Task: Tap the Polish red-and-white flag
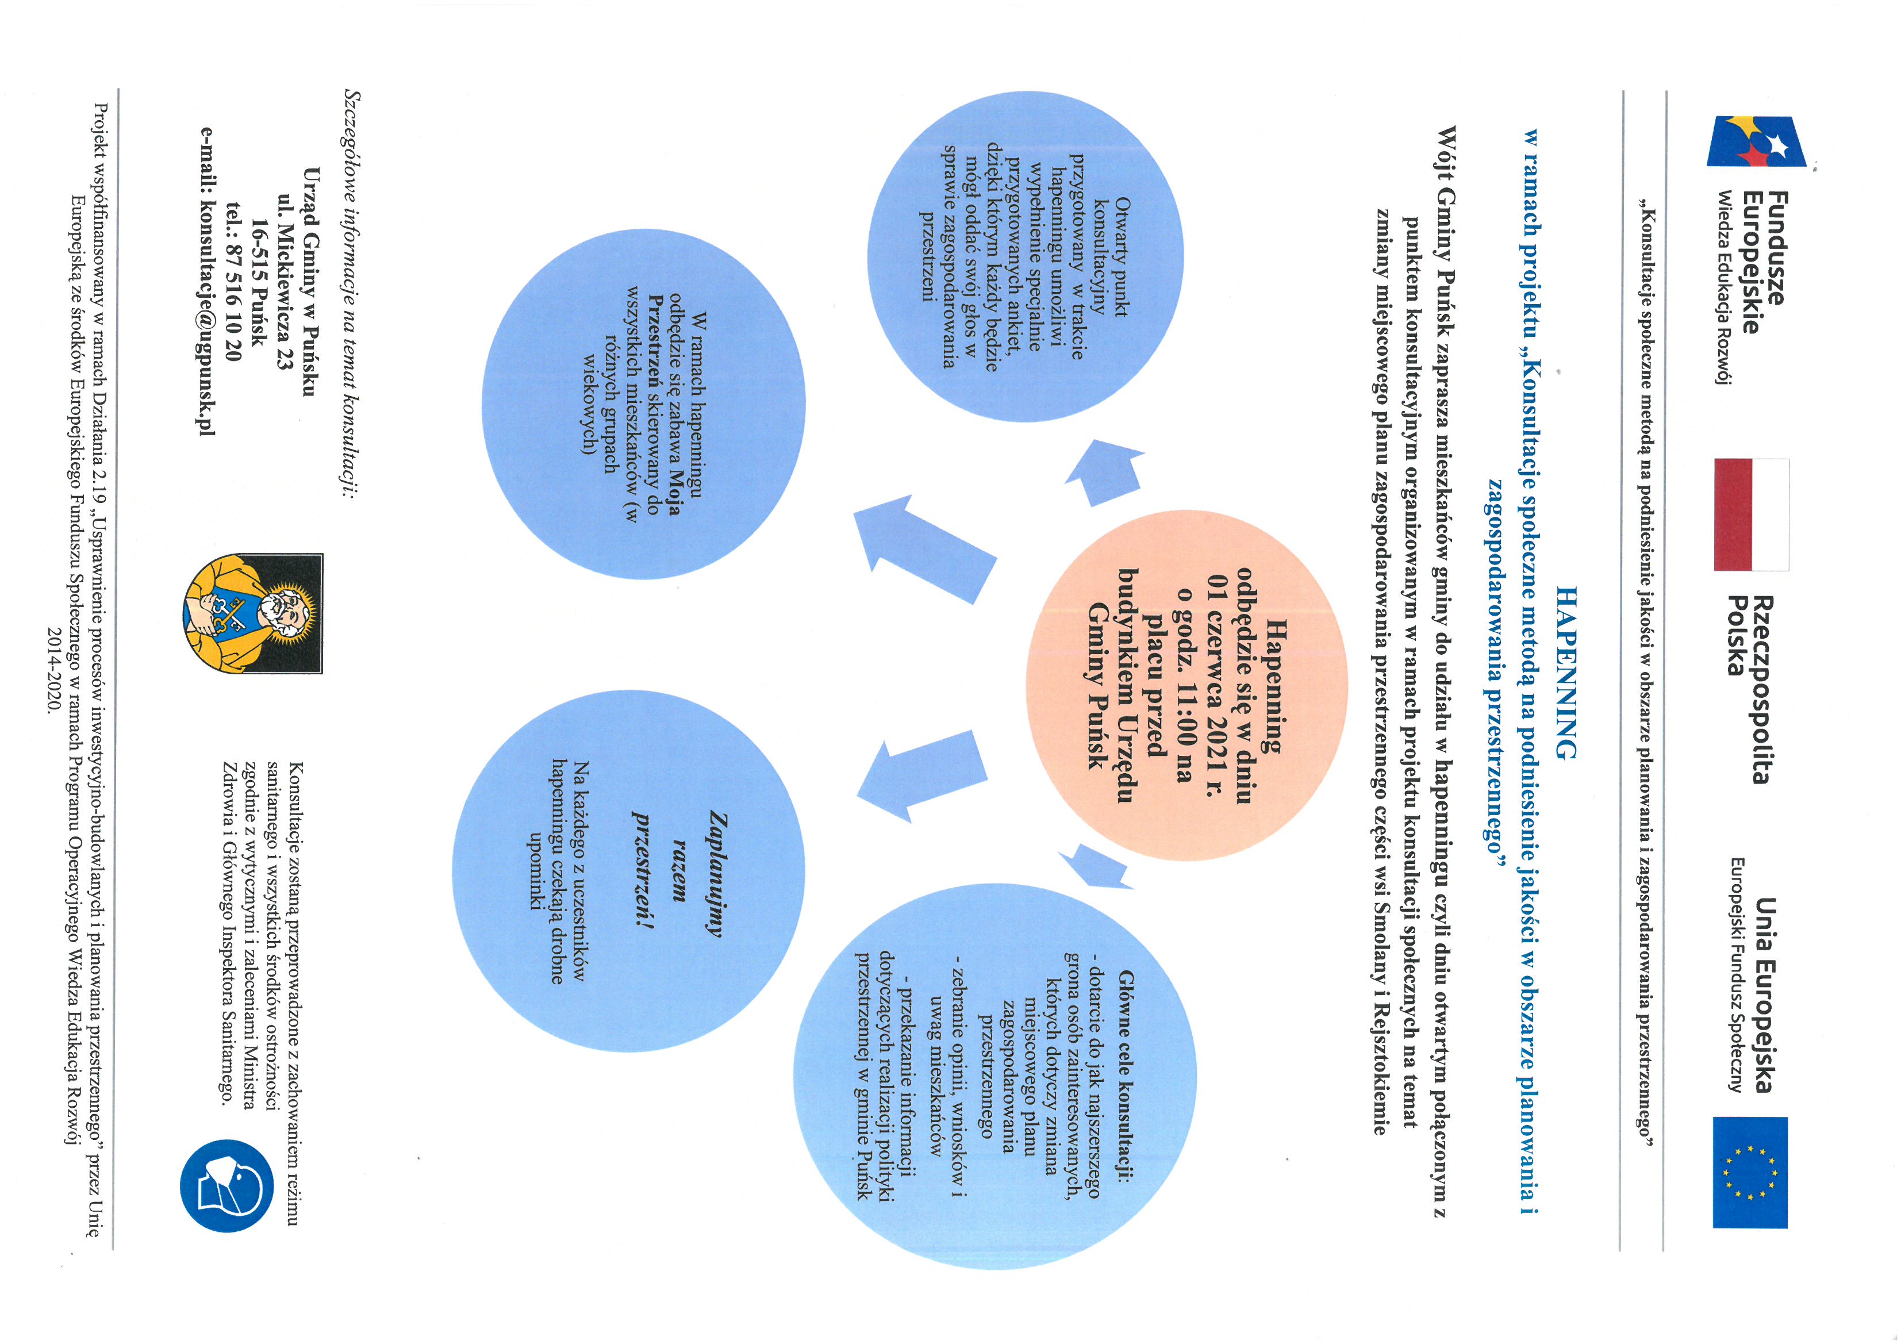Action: [x=1751, y=514]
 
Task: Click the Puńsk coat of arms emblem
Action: [x=252, y=613]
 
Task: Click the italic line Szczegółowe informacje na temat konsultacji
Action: [x=352, y=294]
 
